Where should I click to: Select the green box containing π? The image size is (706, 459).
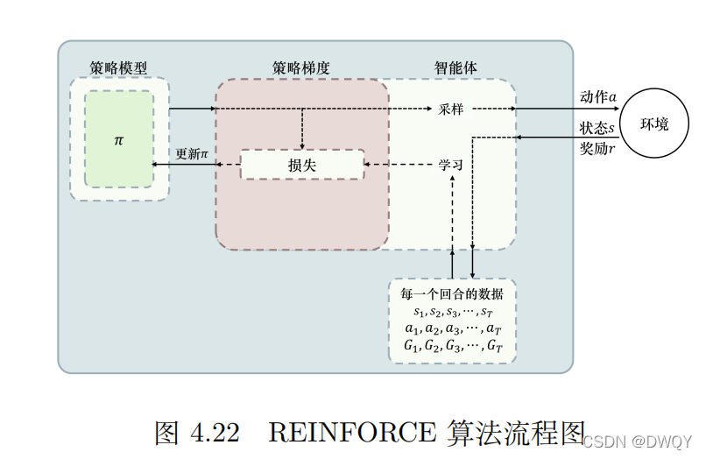pyautogui.click(x=119, y=139)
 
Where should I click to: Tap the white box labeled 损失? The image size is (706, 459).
pyautogui.click(x=302, y=164)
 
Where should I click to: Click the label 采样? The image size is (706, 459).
pyautogui.click(x=451, y=109)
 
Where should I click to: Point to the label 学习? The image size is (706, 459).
pyautogui.click(x=451, y=164)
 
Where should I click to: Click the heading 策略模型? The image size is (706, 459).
pyautogui.click(x=117, y=67)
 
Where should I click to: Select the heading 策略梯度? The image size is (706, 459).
pyautogui.click(x=300, y=67)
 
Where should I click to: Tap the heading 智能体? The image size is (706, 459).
pyautogui.click(x=456, y=67)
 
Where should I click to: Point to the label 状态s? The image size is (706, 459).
pyautogui.click(x=597, y=128)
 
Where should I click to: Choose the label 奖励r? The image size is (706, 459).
pyautogui.click(x=597, y=148)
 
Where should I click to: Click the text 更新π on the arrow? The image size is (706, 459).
pyautogui.click(x=193, y=154)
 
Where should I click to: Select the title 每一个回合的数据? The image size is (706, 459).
pyautogui.click(x=452, y=294)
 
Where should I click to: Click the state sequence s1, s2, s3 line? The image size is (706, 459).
pyautogui.click(x=452, y=312)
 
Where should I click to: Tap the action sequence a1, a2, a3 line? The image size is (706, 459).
pyautogui.click(x=452, y=329)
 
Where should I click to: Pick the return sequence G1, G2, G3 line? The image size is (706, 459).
pyautogui.click(x=452, y=347)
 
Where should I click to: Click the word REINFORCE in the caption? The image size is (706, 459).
pyautogui.click(x=351, y=432)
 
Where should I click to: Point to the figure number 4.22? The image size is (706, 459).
pyautogui.click(x=209, y=432)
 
